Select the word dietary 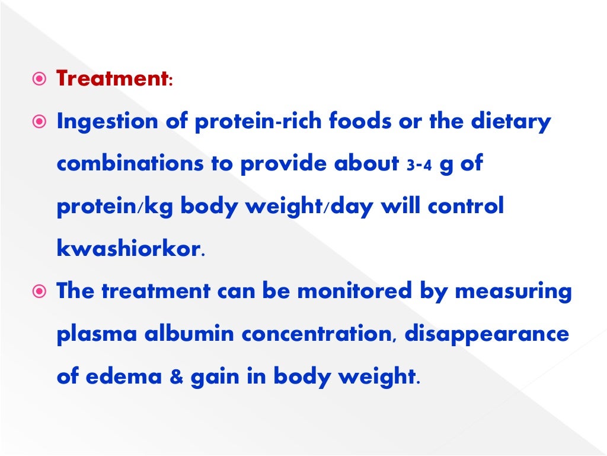pyautogui.click(x=511, y=122)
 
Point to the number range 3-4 pyautogui.click(x=417, y=166)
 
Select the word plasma pyautogui.click(x=95, y=334)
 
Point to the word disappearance pyautogui.click(x=487, y=334)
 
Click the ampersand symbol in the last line pyautogui.click(x=175, y=377)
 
